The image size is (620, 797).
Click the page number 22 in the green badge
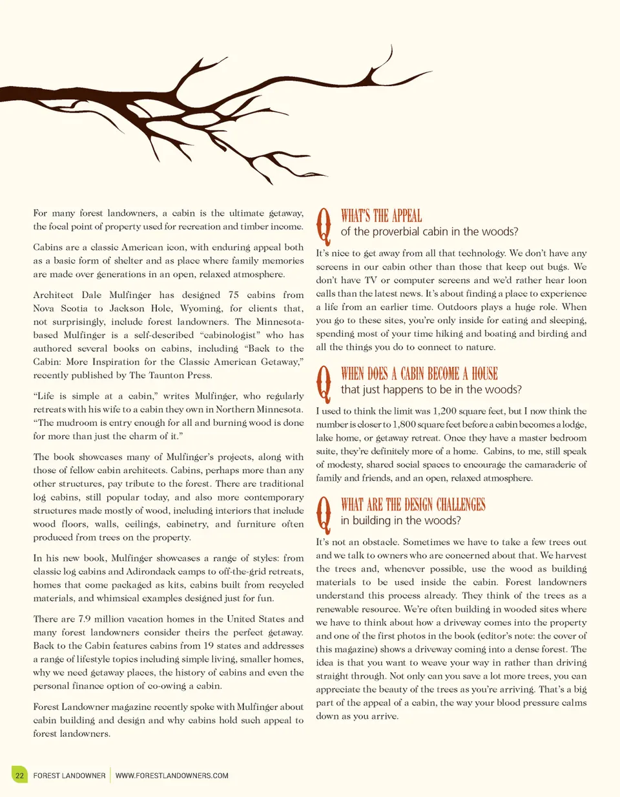(x=20, y=775)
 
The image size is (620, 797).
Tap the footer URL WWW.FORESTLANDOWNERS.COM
(x=172, y=776)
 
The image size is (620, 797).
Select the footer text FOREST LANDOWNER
(x=69, y=776)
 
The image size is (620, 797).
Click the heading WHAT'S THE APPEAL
(x=381, y=216)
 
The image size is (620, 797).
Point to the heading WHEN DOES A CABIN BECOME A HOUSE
(x=419, y=374)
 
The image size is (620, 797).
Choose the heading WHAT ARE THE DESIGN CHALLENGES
(x=413, y=505)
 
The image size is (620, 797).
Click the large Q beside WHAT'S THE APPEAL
(x=324, y=224)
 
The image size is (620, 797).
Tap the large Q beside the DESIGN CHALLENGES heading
(x=324, y=513)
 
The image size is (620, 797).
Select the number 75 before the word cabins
(x=234, y=295)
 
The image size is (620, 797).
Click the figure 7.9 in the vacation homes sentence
(x=85, y=619)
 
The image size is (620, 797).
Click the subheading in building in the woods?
(x=400, y=521)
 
